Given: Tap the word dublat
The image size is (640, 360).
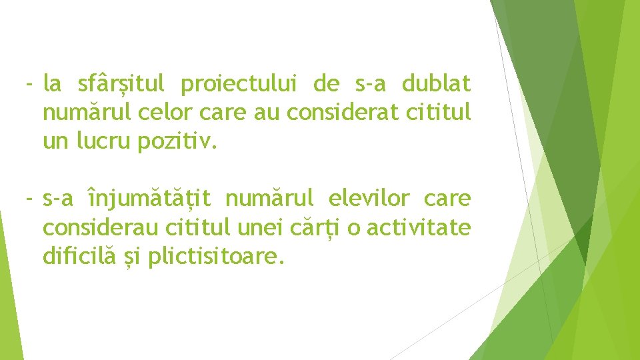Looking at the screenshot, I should [x=436, y=84].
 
